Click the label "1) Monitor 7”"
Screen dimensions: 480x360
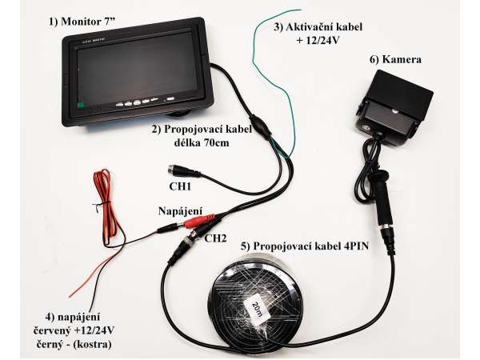[82, 22]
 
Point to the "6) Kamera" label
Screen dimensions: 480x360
[395, 59]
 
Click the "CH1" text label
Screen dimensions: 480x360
[180, 186]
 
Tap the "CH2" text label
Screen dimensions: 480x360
[215, 238]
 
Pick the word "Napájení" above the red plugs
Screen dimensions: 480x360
[180, 211]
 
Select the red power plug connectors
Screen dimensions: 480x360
[199, 221]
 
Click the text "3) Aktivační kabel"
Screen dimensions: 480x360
[318, 27]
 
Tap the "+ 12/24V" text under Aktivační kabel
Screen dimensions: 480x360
[318, 41]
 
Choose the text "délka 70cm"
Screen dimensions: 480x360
[202, 142]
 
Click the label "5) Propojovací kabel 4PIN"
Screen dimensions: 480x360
[305, 246]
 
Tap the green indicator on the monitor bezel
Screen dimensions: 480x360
[81, 106]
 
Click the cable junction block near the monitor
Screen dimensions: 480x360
[260, 126]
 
